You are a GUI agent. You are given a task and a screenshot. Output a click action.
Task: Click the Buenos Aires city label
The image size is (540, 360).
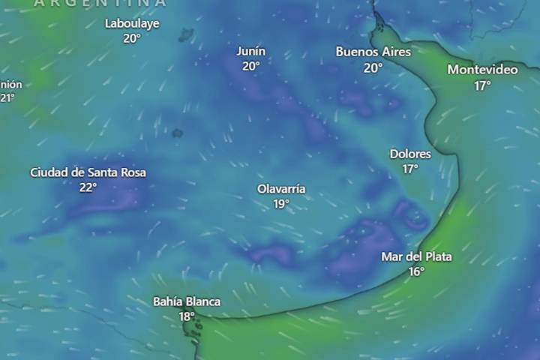pos(373,52)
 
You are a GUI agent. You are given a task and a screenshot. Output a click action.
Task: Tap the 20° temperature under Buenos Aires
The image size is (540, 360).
pos(373,67)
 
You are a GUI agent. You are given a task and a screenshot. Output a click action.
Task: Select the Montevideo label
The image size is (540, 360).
pos(482,70)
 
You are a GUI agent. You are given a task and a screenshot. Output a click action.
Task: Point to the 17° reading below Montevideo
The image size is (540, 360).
pos(482,85)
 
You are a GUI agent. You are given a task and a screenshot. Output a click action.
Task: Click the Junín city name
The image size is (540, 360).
pos(250,51)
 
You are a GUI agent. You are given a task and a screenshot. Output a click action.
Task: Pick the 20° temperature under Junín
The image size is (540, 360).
pos(250,66)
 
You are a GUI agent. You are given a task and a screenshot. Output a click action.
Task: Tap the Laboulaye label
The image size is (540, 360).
pos(132,23)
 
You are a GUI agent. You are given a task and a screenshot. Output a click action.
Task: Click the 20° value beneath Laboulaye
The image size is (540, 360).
pos(132,38)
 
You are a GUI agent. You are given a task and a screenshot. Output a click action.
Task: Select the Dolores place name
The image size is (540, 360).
pos(410,154)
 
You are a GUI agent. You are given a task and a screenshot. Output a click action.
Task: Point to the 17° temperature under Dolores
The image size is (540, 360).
pos(410,169)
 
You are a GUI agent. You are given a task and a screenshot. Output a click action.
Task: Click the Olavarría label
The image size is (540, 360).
pos(281,189)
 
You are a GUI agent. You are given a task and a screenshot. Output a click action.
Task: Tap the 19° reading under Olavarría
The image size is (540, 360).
pos(281,204)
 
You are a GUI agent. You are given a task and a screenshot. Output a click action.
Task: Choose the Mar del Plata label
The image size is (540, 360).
pos(416,256)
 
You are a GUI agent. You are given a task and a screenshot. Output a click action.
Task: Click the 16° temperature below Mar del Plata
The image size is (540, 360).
pos(416,271)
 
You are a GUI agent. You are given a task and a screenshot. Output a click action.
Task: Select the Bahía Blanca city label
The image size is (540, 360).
pos(187,301)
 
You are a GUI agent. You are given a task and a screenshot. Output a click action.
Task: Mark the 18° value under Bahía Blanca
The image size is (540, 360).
pos(187,316)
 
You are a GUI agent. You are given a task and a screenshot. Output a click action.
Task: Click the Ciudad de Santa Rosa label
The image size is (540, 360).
pos(88,172)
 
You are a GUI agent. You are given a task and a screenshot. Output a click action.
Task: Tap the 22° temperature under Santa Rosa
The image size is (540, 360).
pos(88,187)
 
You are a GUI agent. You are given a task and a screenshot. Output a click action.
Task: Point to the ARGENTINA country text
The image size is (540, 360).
pos(100,3)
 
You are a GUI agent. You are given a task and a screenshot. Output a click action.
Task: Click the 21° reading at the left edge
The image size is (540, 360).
pos(7,97)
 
